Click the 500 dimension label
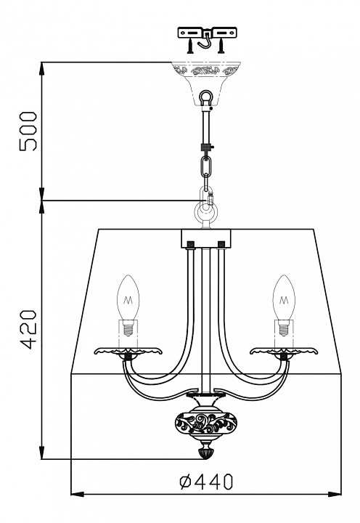click(x=28, y=131)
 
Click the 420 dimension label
click(x=28, y=330)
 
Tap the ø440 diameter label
click(x=206, y=482)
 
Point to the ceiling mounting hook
click(x=205, y=40)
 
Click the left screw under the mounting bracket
click(x=189, y=45)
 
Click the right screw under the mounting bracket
click(x=221, y=45)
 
